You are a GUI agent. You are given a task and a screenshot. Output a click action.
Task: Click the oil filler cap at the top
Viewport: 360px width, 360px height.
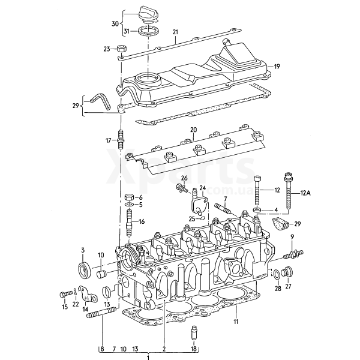click(147, 16)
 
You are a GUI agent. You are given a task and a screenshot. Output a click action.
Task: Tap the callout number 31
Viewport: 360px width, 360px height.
click(127, 31)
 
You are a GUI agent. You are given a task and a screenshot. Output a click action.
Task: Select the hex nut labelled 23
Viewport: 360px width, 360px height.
click(121, 49)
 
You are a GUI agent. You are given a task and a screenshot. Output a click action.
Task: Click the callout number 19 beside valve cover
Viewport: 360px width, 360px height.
click(277, 67)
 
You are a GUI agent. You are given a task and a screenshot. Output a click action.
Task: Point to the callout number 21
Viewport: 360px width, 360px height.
click(175, 32)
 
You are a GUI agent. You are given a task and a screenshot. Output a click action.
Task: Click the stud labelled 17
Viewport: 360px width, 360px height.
click(121, 139)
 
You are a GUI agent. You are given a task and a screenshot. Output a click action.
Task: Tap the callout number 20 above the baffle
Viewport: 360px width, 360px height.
click(193, 130)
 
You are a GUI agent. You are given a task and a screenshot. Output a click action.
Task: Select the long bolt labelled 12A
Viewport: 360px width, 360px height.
click(288, 190)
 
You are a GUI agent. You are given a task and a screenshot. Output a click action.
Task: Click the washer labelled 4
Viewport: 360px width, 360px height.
click(257, 210)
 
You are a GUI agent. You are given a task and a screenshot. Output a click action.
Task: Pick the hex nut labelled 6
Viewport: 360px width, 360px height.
click(129, 197)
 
